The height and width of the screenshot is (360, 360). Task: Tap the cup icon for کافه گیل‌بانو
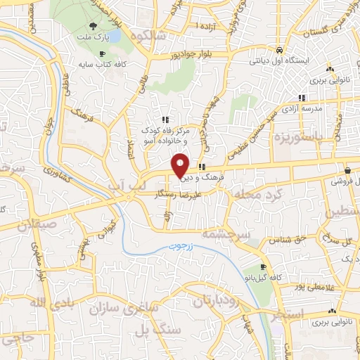coord(263,267)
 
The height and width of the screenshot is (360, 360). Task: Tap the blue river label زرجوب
coord(183,247)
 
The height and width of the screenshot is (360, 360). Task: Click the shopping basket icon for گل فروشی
coord(348,170)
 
